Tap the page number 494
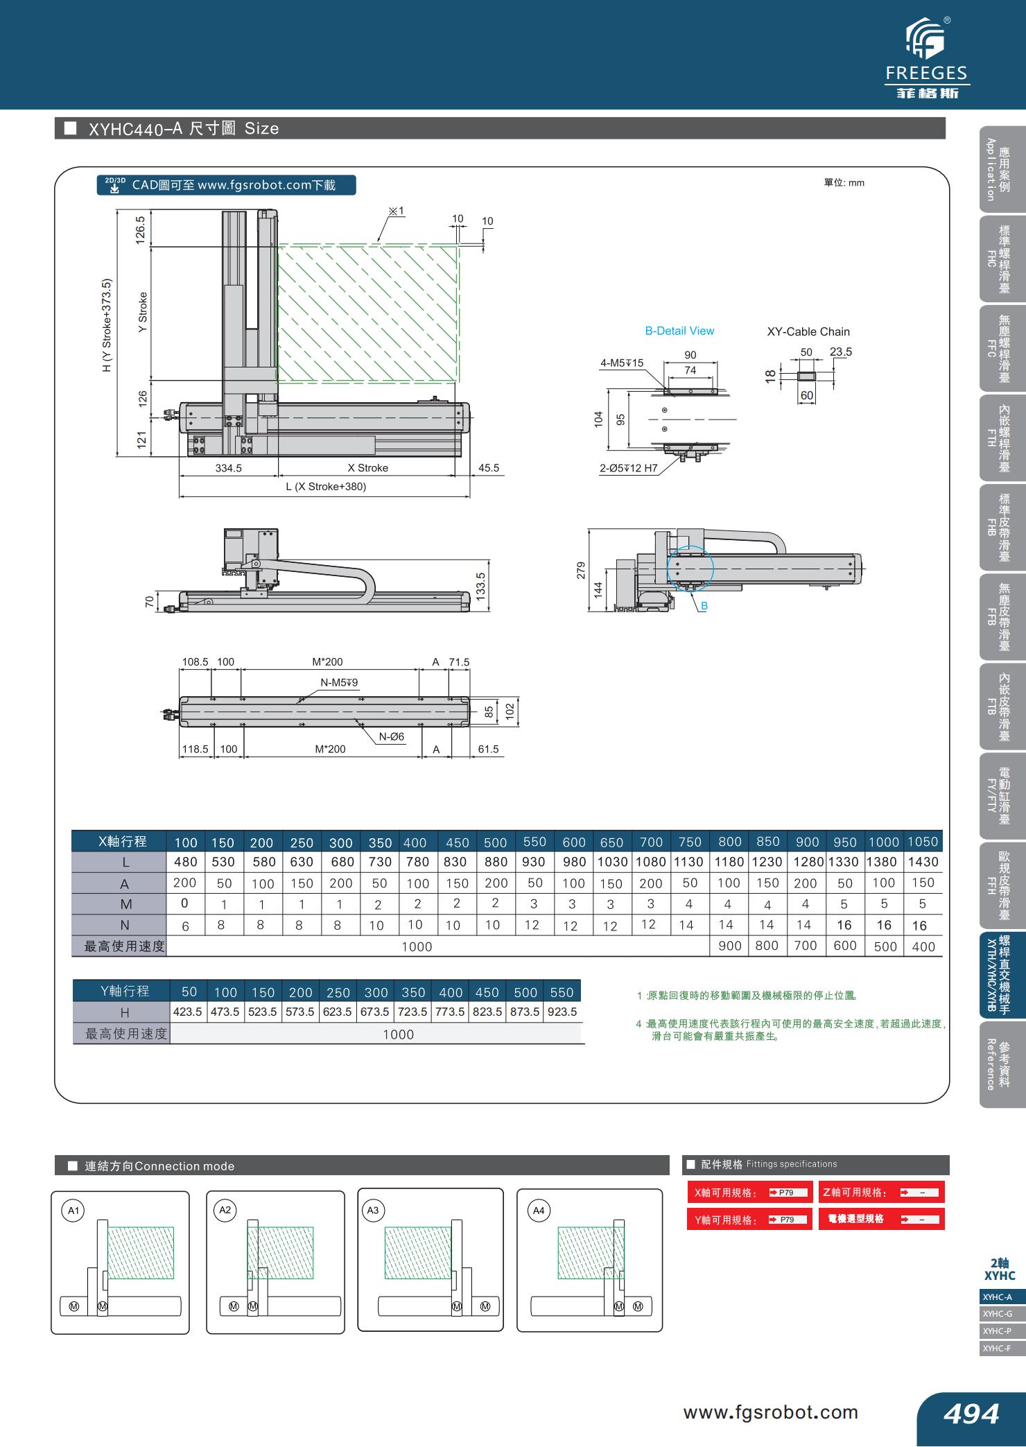click(971, 1412)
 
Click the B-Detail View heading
click(679, 331)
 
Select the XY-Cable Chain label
click(808, 331)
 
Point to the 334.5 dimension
click(228, 468)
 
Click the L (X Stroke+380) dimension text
click(326, 486)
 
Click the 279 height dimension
click(582, 570)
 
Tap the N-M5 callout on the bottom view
click(339, 682)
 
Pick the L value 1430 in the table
click(923, 862)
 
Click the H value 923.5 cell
click(562, 1012)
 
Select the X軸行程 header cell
click(123, 841)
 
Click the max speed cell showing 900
click(729, 946)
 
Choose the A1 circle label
click(73, 1211)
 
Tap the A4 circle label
click(538, 1211)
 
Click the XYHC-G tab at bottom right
click(998, 1314)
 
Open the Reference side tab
click(999, 1064)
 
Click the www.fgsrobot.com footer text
click(770, 1412)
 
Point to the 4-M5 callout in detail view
click(622, 363)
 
